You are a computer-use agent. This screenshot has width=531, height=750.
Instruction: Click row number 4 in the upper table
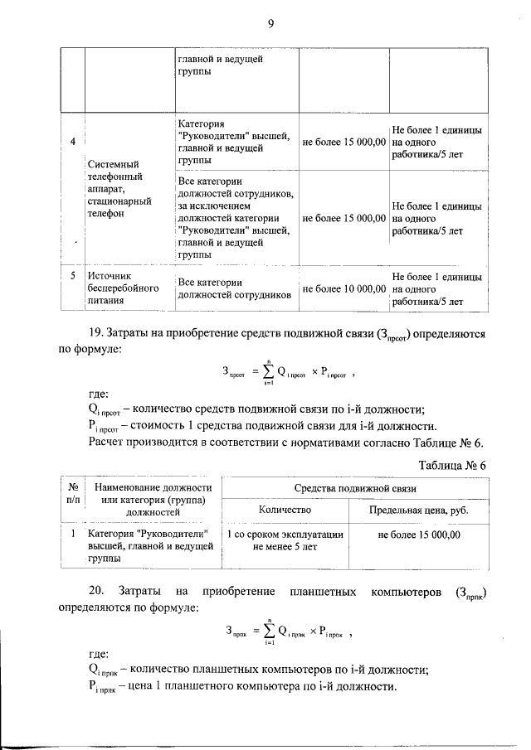(x=73, y=142)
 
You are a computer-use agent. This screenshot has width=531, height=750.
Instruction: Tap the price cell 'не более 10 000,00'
(x=343, y=288)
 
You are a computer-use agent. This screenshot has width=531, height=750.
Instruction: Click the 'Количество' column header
(x=285, y=510)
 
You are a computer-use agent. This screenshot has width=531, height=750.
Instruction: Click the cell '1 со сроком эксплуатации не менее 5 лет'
(x=285, y=541)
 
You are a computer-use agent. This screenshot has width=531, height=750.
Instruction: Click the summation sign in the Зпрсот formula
(x=269, y=373)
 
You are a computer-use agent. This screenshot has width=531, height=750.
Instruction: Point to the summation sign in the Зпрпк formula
(x=269, y=632)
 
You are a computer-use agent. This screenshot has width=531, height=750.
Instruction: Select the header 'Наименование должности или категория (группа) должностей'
(x=153, y=500)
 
